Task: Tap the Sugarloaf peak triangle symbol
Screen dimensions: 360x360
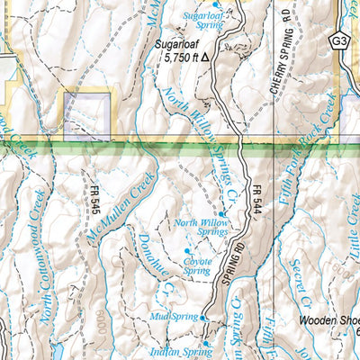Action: click(205, 56)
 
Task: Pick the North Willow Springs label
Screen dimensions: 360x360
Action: click(201, 227)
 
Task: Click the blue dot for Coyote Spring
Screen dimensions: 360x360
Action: click(188, 249)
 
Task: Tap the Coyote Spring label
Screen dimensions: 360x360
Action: click(196, 265)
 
